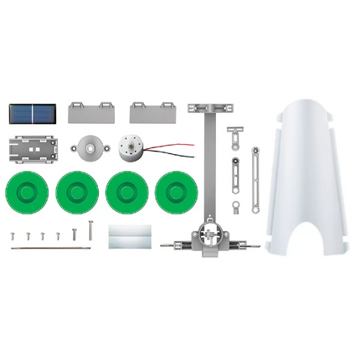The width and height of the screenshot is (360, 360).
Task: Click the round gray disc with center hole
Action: coord(89,148)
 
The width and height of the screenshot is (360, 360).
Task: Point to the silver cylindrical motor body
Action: coord(132,150)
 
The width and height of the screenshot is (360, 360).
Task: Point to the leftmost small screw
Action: coord(13,235)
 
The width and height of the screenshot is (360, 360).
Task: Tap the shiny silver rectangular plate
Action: coord(131,235)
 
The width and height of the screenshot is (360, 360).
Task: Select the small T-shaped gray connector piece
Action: coord(237,135)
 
